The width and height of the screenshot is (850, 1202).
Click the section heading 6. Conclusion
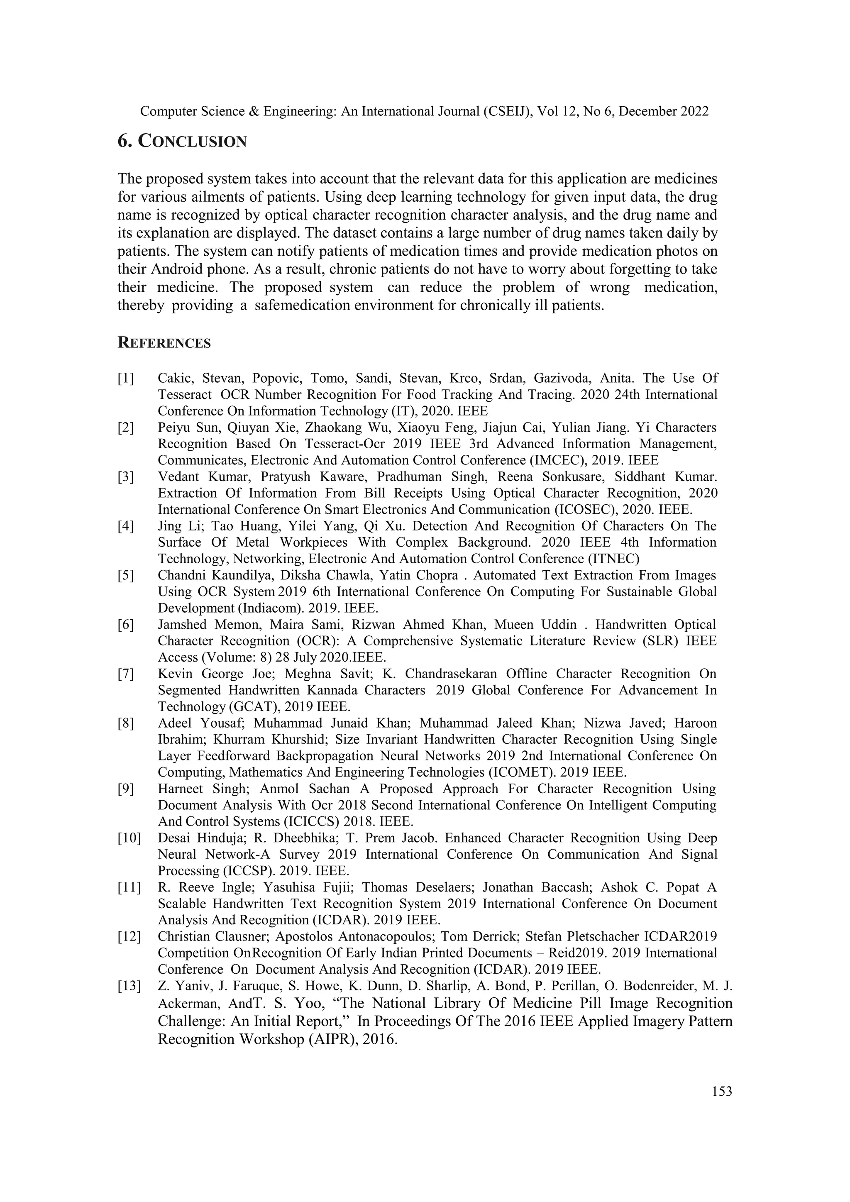[182, 142]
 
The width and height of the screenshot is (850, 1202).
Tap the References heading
[164, 343]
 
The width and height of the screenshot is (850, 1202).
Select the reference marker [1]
[126, 378]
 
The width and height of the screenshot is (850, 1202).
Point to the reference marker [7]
[126, 674]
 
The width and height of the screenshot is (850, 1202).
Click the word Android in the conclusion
[176, 269]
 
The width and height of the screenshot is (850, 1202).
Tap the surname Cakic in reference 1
[174, 378]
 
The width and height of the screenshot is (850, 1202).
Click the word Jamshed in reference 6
[182, 625]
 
